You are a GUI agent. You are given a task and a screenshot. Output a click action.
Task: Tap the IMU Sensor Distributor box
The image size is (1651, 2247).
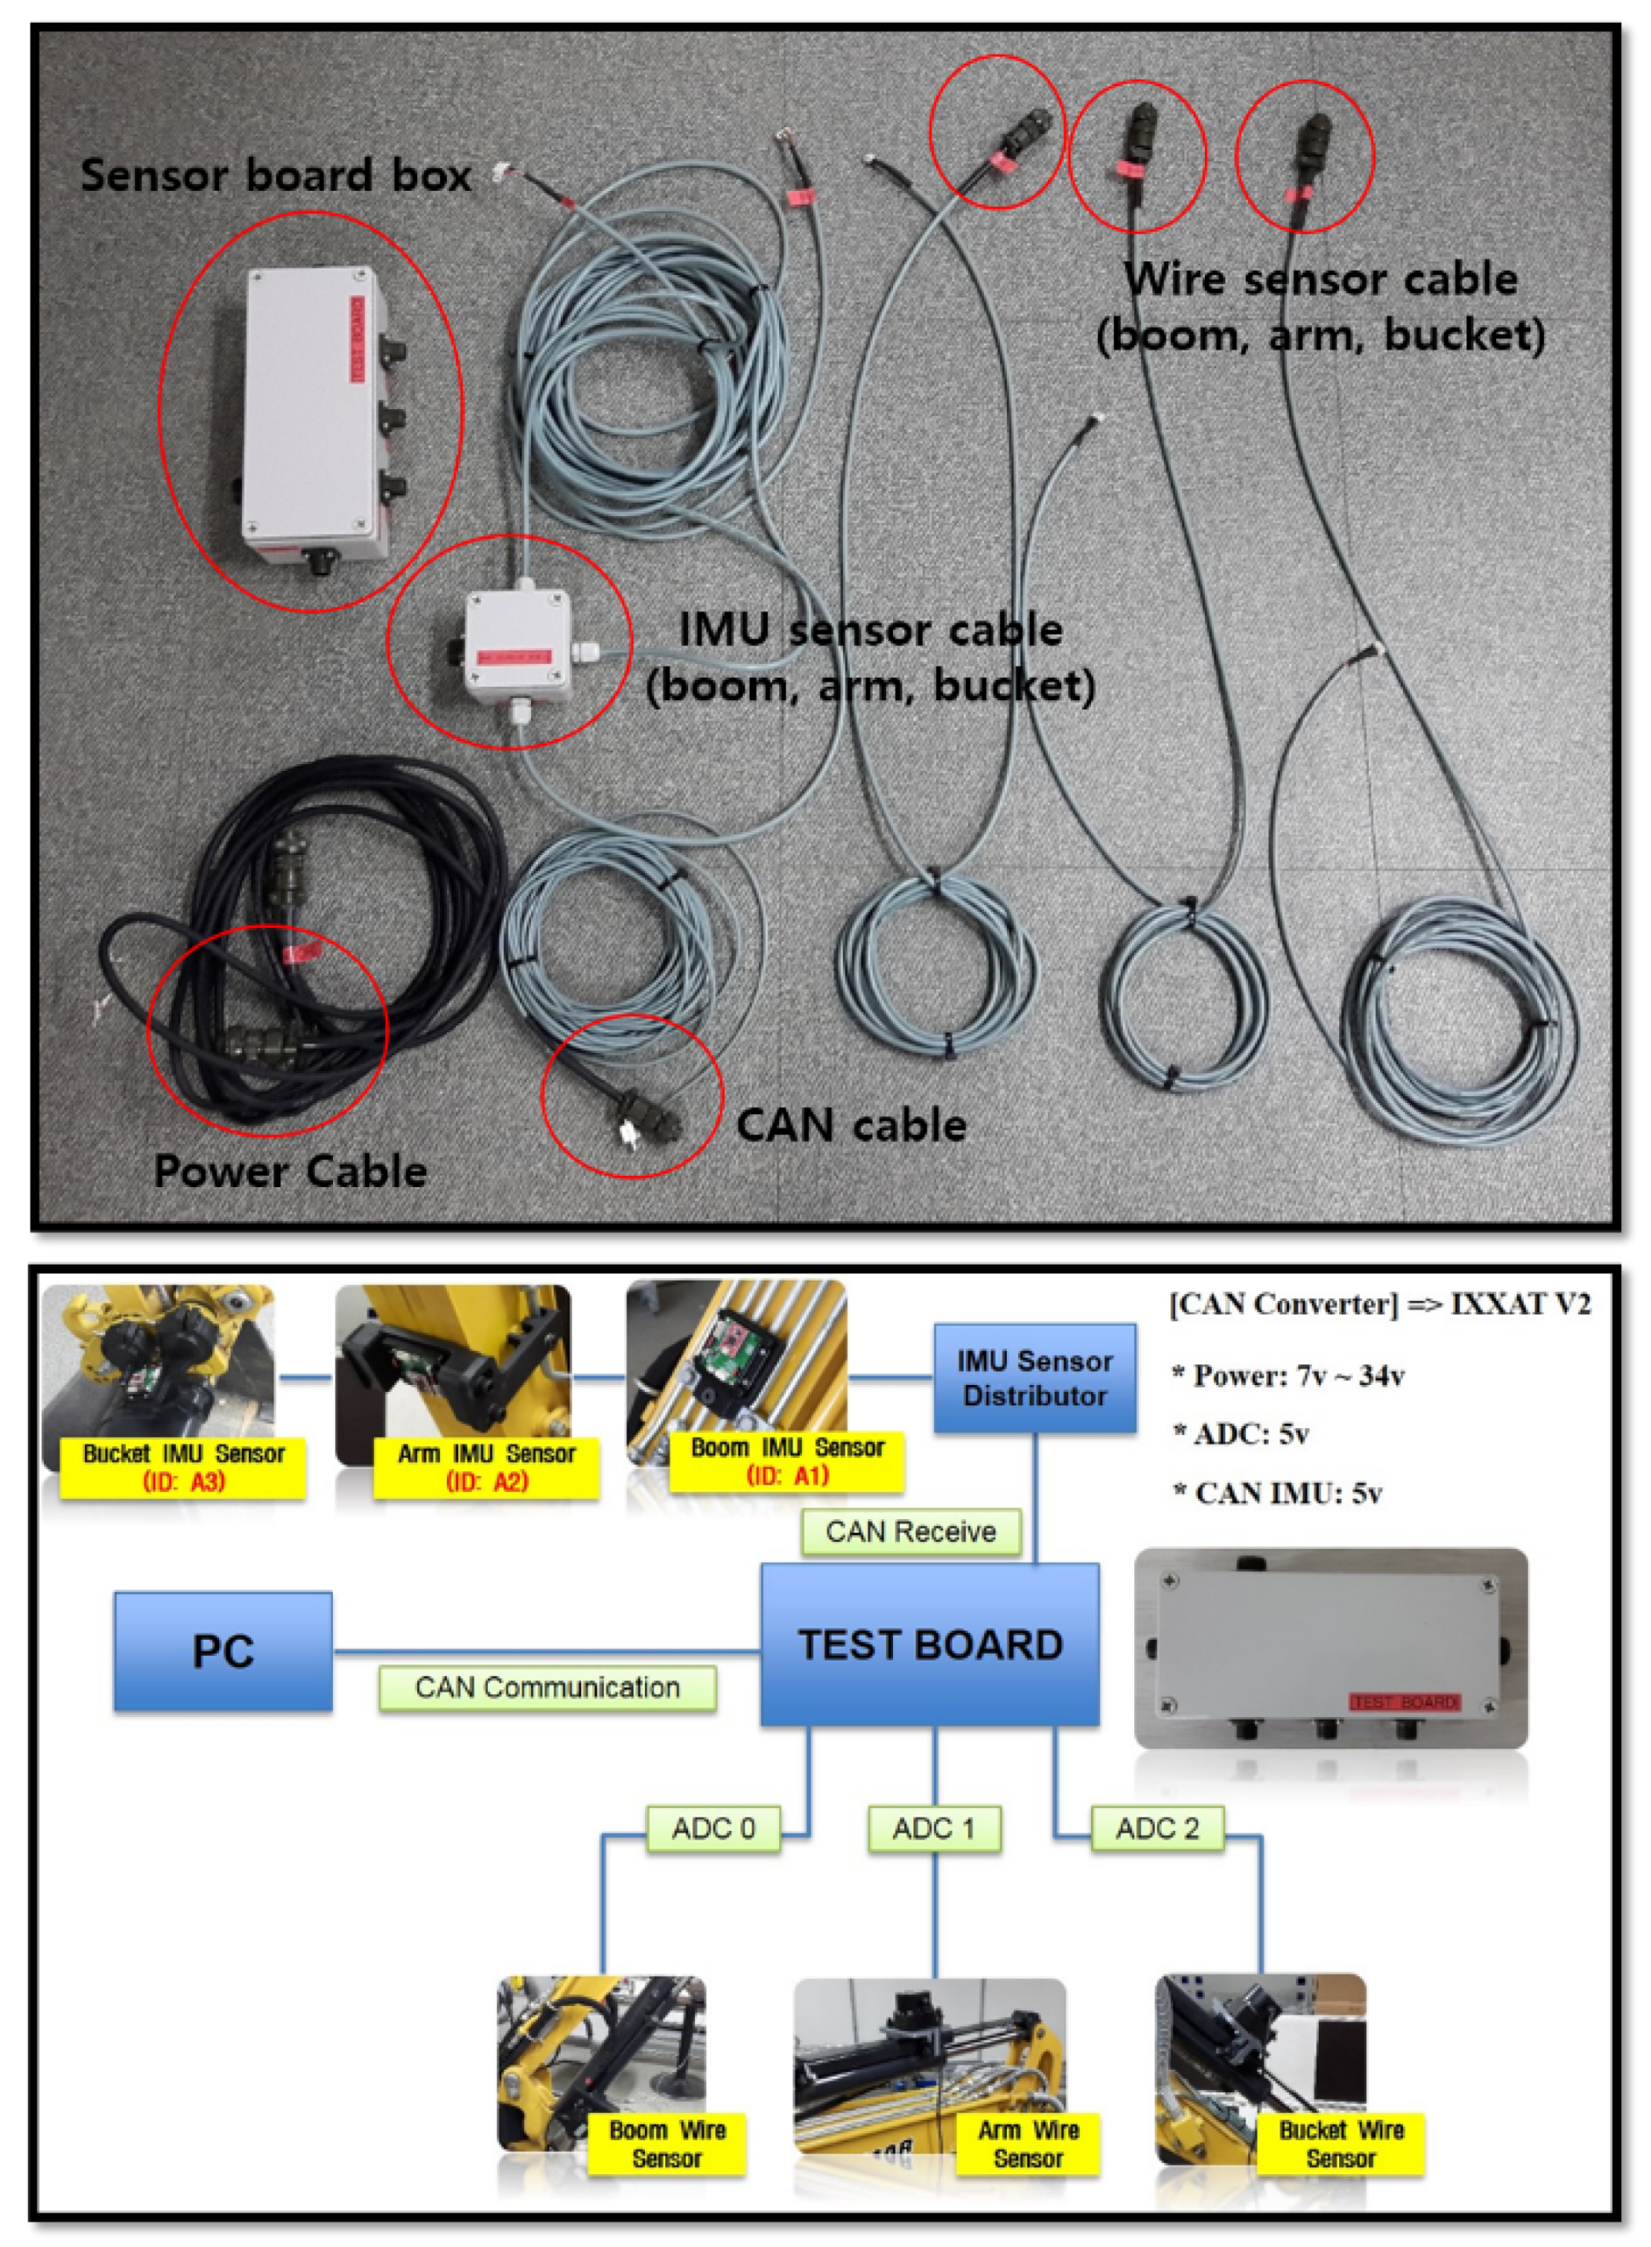[x=1034, y=1379]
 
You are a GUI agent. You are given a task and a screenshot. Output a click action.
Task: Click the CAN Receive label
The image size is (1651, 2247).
[x=910, y=1532]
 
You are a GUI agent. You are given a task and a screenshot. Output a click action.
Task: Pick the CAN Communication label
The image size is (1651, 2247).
[x=547, y=1687]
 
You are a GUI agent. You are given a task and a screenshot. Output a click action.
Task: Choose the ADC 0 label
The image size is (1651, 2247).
[x=712, y=1829]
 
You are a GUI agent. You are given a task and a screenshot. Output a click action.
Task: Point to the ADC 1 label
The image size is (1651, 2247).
[x=933, y=1829]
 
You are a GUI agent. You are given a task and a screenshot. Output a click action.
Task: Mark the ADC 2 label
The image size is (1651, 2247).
[x=1156, y=1829]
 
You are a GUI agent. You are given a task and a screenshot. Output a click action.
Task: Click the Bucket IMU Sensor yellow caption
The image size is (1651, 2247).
[x=183, y=1467]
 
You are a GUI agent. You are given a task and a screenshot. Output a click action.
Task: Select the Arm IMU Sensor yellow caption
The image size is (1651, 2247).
[x=485, y=1467]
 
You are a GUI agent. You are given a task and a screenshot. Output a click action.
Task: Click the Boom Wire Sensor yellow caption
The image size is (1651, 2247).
[x=667, y=2143]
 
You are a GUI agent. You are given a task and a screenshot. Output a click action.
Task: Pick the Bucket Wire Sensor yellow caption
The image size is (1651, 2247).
[x=1340, y=2143]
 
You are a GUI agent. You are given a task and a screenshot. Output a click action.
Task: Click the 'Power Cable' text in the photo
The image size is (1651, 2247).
[x=290, y=1171]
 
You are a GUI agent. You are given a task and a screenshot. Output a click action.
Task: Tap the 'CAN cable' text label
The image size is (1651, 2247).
[x=851, y=1126]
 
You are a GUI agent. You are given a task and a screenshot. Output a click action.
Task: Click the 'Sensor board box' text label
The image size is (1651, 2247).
[x=275, y=175]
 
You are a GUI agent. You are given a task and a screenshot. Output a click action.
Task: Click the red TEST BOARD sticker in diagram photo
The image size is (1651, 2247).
[x=1404, y=1702]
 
